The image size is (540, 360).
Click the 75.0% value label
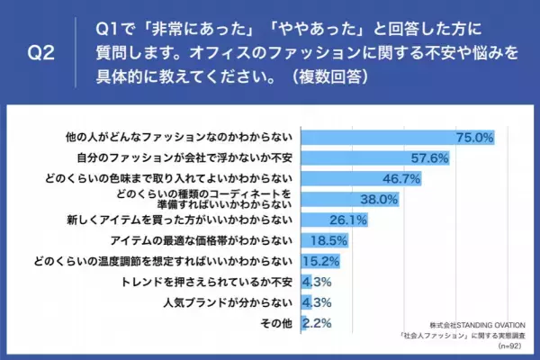tap(475, 138)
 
